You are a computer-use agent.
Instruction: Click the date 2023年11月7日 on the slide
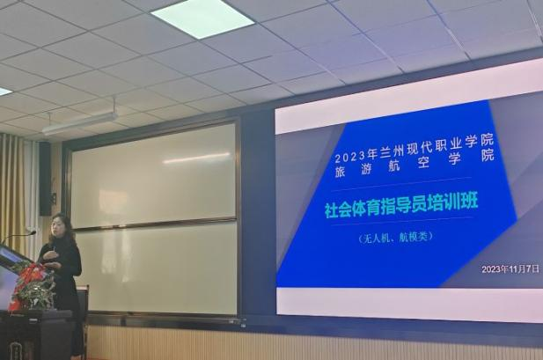(510, 268)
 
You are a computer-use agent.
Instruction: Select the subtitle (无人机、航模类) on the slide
(408, 239)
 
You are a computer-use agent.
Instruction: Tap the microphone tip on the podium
(33, 232)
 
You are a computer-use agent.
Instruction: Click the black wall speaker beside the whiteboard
(45, 178)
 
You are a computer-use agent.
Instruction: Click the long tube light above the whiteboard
(79, 124)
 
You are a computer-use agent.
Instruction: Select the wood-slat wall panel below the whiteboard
(264, 343)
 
